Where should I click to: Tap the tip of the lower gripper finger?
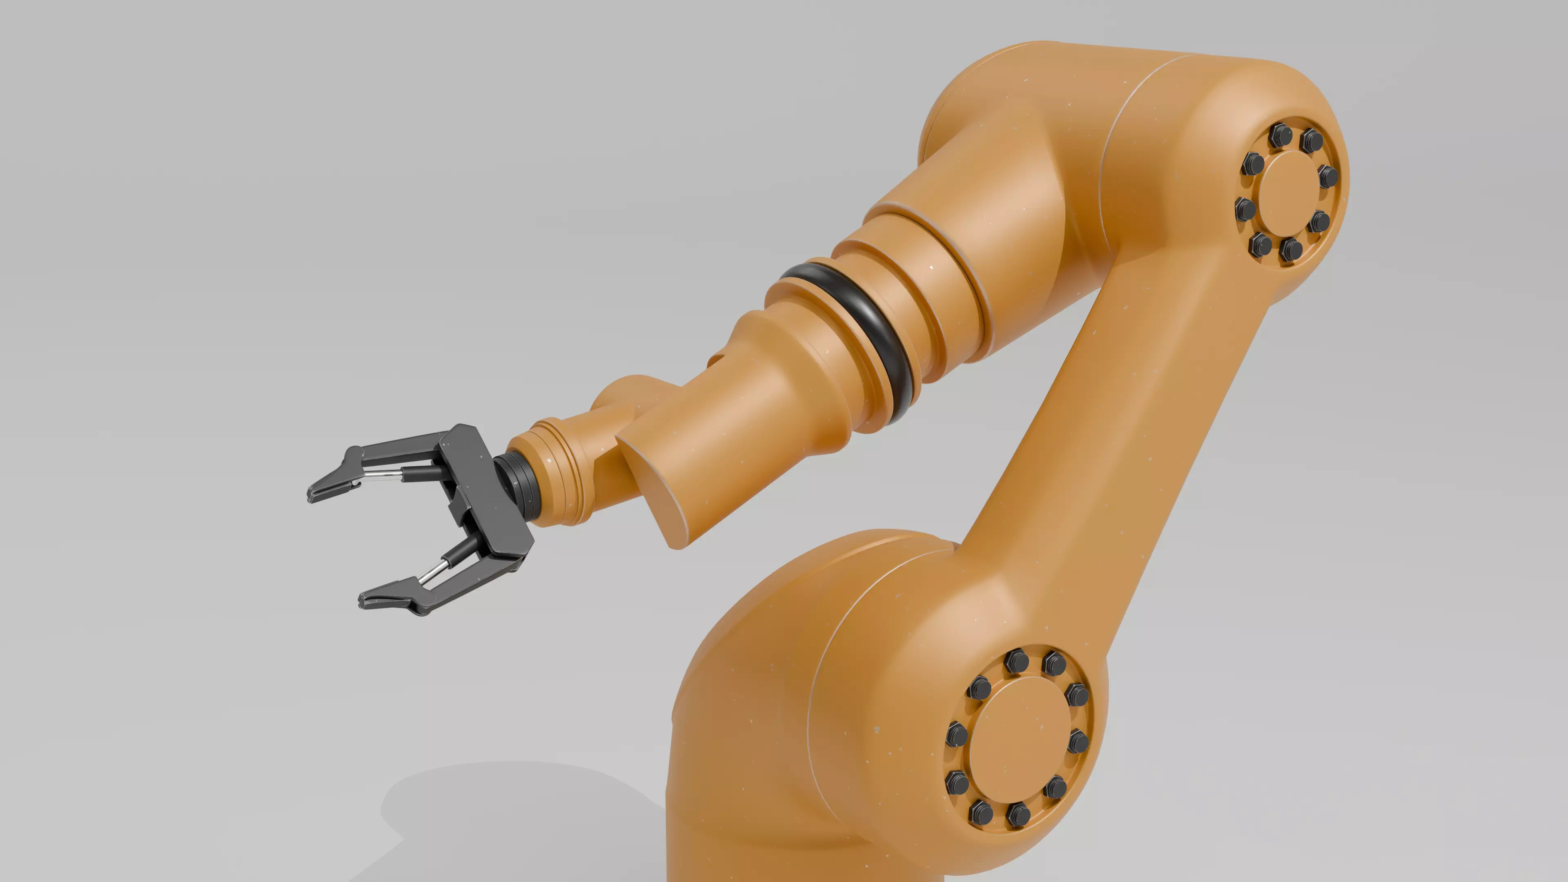(x=364, y=603)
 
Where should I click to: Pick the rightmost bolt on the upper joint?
(x=1328, y=176)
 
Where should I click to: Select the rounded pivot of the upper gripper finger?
(x=353, y=455)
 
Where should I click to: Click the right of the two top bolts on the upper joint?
(x=1312, y=140)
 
